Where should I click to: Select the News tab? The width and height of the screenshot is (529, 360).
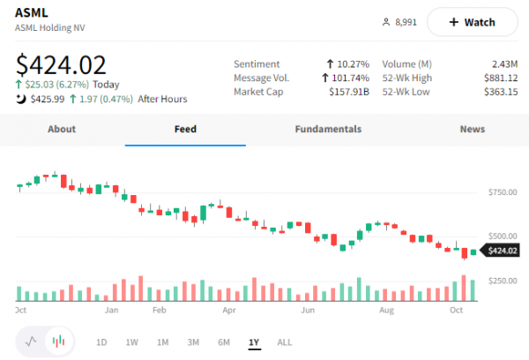472,129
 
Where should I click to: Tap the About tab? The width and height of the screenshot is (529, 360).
62,129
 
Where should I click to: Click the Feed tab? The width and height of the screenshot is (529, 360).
185,129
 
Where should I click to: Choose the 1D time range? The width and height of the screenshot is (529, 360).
101,341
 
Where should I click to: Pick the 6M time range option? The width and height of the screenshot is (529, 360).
224,341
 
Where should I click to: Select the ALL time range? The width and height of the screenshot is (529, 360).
285,341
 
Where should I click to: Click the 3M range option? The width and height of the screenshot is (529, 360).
193,341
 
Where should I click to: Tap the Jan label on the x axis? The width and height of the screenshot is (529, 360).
112,311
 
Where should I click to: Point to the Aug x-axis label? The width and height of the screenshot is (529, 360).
384,311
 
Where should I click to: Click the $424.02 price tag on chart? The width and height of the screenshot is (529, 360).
502,251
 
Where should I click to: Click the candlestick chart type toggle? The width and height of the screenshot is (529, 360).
59,341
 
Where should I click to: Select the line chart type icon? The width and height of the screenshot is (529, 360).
32,341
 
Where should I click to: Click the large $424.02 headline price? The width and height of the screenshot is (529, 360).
62,65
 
